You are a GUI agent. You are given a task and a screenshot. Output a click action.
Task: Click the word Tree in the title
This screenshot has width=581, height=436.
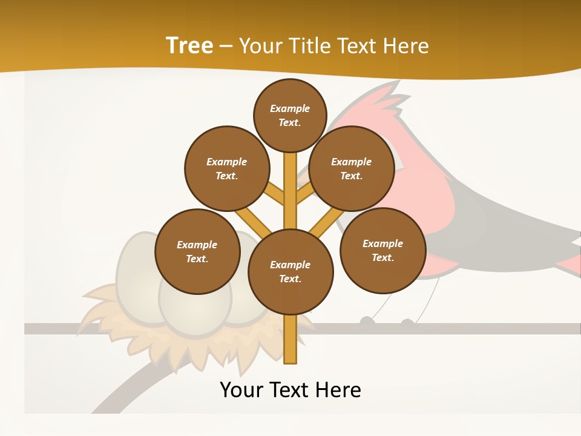pyautogui.click(x=189, y=45)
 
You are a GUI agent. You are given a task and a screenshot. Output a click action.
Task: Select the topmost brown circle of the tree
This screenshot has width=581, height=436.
pyautogui.click(x=290, y=115)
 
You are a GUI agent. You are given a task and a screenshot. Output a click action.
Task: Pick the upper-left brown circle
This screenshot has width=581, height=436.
pyautogui.click(x=227, y=168)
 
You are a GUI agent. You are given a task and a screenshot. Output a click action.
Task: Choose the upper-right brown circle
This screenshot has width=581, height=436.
pyautogui.click(x=352, y=168)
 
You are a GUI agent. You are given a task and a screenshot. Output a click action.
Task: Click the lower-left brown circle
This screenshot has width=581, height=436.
pyautogui.click(x=197, y=251)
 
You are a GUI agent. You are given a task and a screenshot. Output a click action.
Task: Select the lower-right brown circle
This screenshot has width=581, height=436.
pyautogui.click(x=382, y=250)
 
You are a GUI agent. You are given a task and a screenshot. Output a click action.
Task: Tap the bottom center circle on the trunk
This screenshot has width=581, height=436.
pyautogui.click(x=290, y=271)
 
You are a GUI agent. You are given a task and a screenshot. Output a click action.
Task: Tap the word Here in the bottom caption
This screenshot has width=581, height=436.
pyautogui.click(x=340, y=390)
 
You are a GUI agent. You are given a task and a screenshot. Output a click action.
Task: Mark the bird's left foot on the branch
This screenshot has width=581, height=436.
pyautogui.click(x=367, y=321)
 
